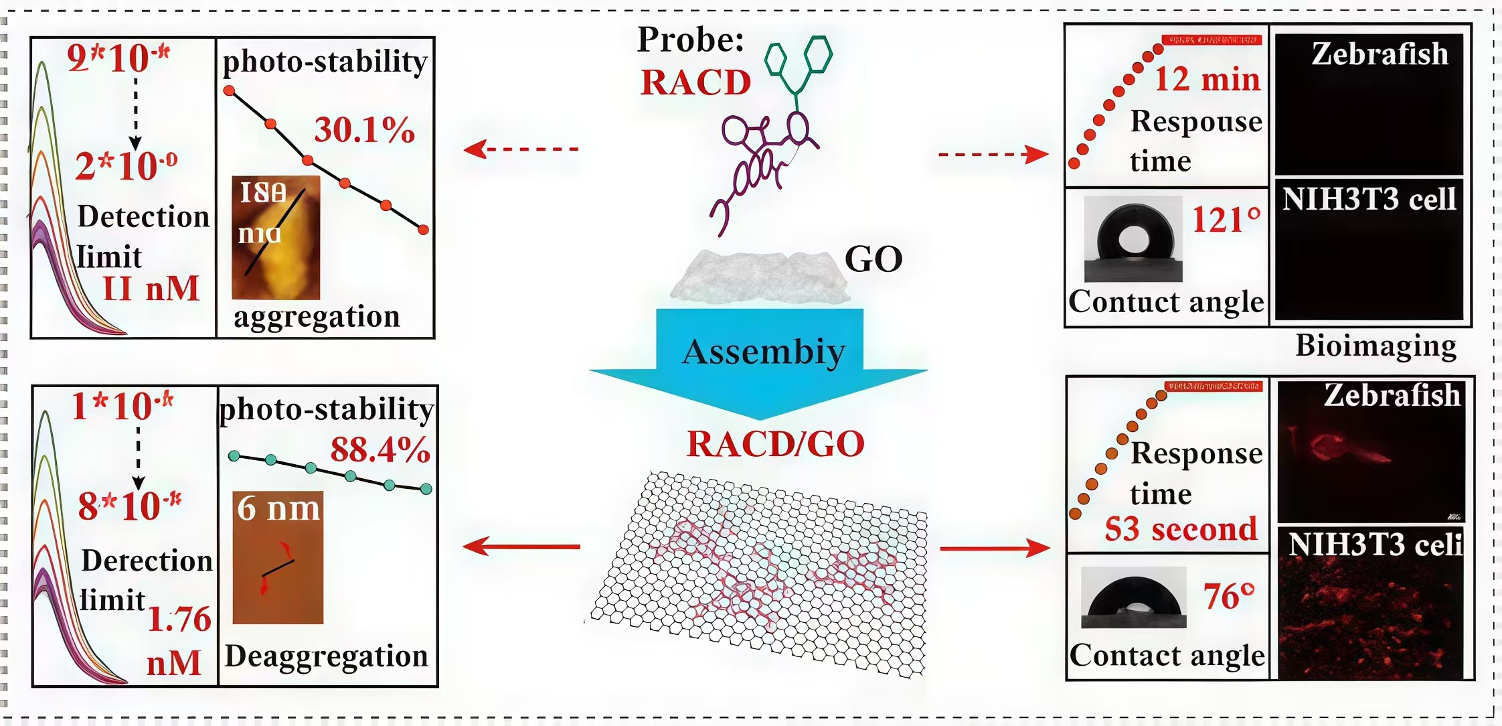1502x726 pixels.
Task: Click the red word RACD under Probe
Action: pos(695,83)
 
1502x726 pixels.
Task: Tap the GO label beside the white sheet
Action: pos(873,259)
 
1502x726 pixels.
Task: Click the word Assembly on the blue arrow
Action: pos(764,352)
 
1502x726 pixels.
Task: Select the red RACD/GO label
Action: pos(776,444)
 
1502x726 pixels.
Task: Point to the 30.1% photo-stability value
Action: pos(365,130)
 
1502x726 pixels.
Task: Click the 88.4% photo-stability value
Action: pos(380,449)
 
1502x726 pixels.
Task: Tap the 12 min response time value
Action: pos(1207,79)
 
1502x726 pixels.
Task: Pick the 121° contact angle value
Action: pos(1226,220)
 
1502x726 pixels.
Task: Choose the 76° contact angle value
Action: pos(1229,596)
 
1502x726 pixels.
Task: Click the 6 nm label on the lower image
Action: pos(279,508)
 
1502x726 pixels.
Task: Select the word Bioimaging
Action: pos(1376,346)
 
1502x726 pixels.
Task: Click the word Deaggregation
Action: pos(326,656)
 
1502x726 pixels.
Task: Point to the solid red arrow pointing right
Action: pos(994,549)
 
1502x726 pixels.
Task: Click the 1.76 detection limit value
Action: pos(179,620)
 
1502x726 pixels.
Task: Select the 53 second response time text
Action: pos(1181,530)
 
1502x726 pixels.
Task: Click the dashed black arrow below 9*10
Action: pos(135,114)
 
